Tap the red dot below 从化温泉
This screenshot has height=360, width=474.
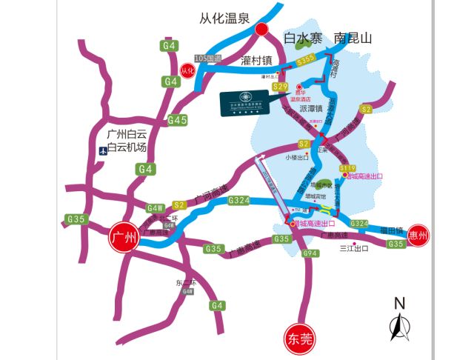pos(261,30)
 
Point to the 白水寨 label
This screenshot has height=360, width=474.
pos(304,37)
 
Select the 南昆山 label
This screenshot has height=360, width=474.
pos(353,37)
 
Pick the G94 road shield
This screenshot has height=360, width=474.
pos(310,254)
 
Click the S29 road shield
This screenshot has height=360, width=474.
pos(280,87)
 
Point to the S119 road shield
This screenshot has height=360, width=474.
pos(347,168)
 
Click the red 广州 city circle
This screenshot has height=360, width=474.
pos(124,238)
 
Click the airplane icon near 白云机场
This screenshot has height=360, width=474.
pos(102,150)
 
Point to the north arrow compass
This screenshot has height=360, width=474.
pos(400,323)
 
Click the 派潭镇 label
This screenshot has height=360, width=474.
pos(313,108)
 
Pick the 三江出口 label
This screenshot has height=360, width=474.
pos(353,249)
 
